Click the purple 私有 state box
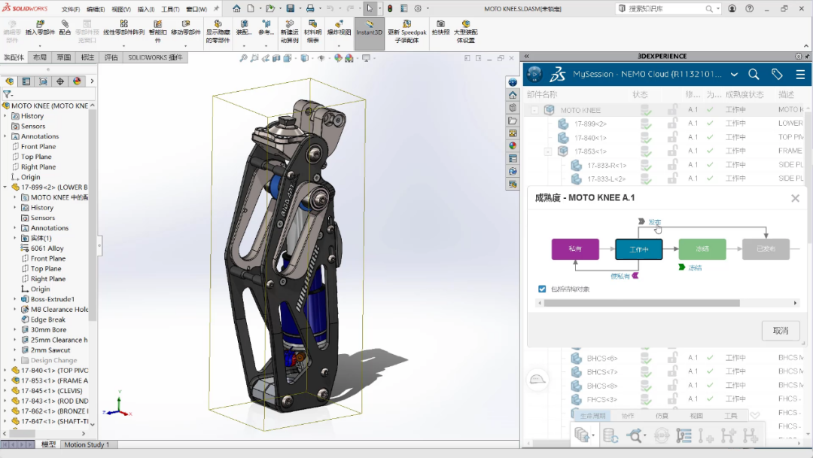coord(575,249)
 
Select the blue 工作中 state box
coord(638,249)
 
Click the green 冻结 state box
coord(702,249)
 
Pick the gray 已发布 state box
coord(765,249)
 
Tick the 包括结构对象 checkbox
coord(542,289)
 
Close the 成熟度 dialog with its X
coord(795,198)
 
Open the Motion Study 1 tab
coord(87,444)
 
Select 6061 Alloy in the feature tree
coord(47,248)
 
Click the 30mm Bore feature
coord(48,329)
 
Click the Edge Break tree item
coord(47,319)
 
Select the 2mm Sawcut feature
coord(50,350)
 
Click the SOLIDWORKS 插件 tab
coord(155,57)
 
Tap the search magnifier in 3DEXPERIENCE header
coord(754,74)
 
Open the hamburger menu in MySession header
coord(800,74)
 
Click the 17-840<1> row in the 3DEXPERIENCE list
coord(590,138)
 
